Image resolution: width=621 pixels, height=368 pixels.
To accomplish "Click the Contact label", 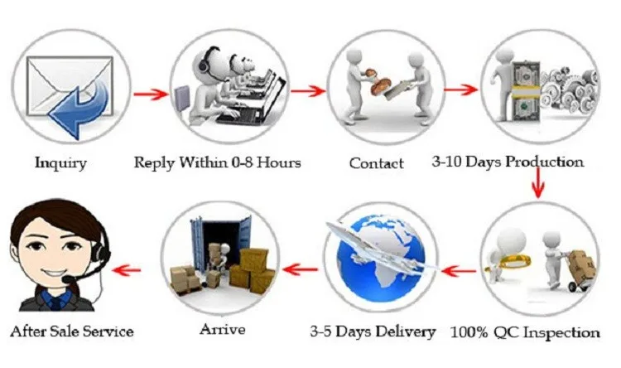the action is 376,163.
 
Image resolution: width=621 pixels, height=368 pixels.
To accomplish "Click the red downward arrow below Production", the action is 539,182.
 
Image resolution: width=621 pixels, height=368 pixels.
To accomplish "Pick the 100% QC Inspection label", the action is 525,332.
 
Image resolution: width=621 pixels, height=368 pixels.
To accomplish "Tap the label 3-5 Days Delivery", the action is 373,332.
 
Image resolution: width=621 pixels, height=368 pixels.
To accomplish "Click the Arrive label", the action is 222,329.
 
